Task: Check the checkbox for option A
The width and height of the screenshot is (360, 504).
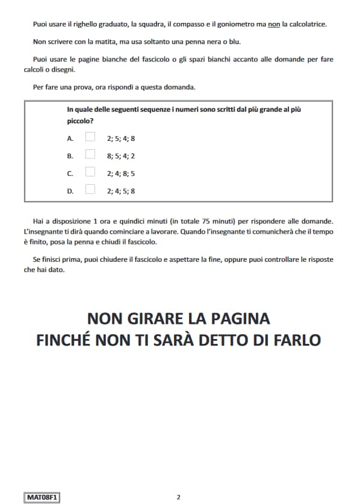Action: (90, 137)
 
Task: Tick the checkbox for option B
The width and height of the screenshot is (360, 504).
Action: (90, 154)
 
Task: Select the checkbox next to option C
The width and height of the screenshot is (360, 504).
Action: (90, 172)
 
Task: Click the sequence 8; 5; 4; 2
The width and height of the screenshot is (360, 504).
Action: (121, 155)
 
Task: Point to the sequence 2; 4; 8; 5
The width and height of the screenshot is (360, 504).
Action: (121, 173)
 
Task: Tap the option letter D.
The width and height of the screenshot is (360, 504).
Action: (70, 191)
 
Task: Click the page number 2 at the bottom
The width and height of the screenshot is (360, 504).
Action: (178, 497)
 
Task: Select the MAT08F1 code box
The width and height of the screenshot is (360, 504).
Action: (42, 497)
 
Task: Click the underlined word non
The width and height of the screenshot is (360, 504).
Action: (275, 25)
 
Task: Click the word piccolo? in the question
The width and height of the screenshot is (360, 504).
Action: (80, 120)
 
